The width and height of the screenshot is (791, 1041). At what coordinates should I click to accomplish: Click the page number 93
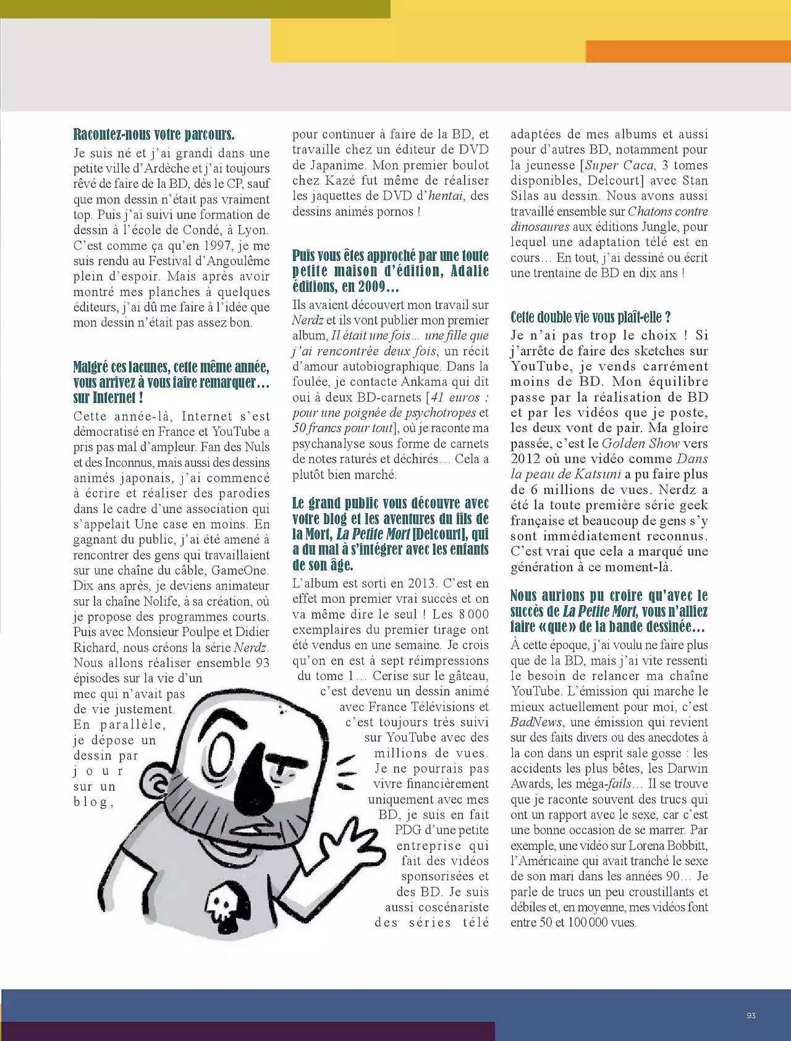point(751,1016)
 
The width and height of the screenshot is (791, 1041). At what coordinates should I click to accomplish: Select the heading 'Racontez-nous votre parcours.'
point(154,134)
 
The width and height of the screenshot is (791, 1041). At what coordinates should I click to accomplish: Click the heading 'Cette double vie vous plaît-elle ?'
point(590,317)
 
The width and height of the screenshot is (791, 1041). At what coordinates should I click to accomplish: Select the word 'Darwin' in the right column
point(688,768)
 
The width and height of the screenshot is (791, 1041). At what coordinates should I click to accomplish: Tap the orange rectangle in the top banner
point(688,51)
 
